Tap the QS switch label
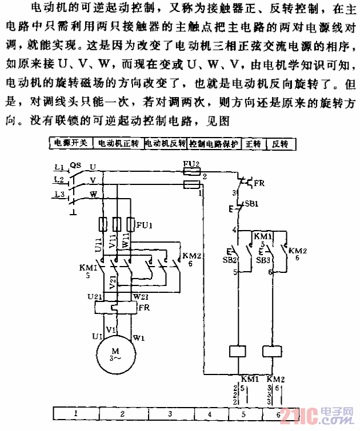pos(75,165)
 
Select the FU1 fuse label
pos(144,225)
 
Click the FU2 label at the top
pos(191,164)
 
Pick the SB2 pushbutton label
pos(231,260)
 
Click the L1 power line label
pos(58,167)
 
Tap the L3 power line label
pos(58,194)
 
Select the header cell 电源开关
pos(70,143)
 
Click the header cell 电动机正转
pos(118,143)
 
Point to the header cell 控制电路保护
pos(214,143)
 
